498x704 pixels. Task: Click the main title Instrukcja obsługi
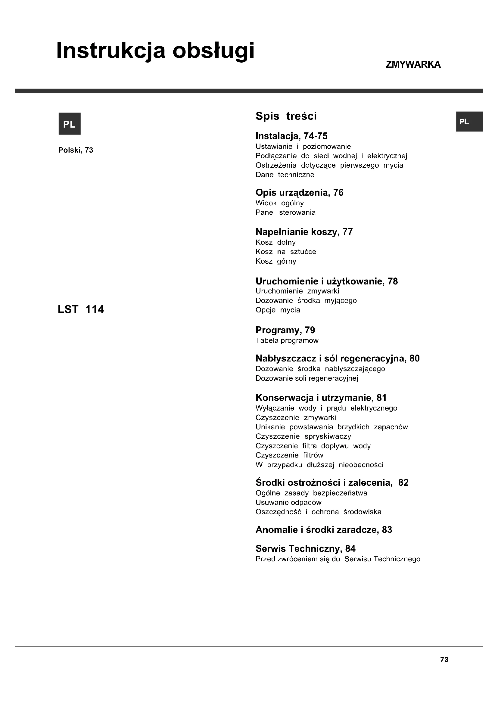pos(155,51)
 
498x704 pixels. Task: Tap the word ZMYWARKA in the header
pos(413,65)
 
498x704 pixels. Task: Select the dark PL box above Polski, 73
pos(70,124)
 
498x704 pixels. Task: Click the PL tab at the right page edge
pos(469,122)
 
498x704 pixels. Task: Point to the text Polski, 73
pos(76,150)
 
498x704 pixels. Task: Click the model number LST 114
pos(81,309)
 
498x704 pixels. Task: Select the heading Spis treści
pos(286,116)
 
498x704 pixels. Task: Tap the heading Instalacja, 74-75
pos(291,136)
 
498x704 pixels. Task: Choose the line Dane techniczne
pos(285,175)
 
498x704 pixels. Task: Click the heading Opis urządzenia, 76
pos(299,193)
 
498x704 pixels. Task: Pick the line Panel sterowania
pos(285,212)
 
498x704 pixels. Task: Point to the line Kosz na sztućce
pos(286,252)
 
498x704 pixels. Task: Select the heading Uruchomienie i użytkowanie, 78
pos(327,281)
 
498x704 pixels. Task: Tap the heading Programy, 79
pos(285,330)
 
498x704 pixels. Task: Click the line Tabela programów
pos(287,340)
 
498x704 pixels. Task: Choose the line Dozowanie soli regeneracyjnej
pos(307,378)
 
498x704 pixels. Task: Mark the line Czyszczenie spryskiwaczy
pos(303,436)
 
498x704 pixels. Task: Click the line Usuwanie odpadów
pos(288,503)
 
